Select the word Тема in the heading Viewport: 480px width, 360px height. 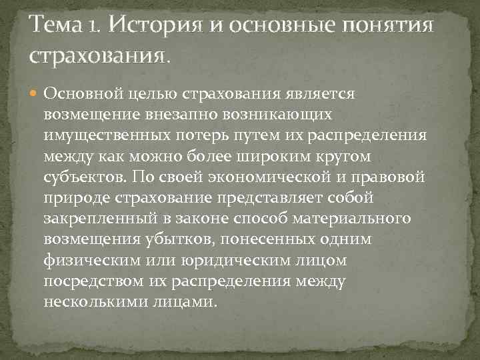55,26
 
